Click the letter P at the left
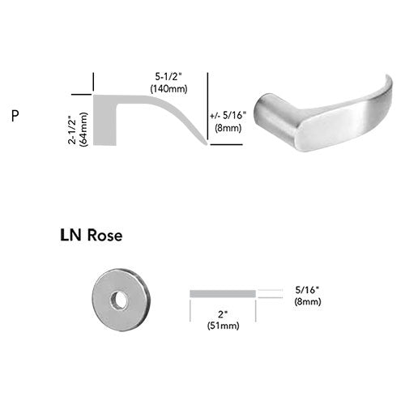pyautogui.click(x=15, y=116)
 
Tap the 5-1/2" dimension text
pyautogui.click(x=168, y=77)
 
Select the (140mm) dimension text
pyautogui.click(x=168, y=88)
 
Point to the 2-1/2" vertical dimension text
pyautogui.click(x=73, y=130)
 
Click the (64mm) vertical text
pyautogui.click(x=83, y=129)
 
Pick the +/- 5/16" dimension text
pyautogui.click(x=228, y=116)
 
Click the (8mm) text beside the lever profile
pyautogui.click(x=228, y=128)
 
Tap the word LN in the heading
pyautogui.click(x=70, y=235)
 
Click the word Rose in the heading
pyautogui.click(x=105, y=235)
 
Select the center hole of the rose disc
pyautogui.click(x=119, y=300)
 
